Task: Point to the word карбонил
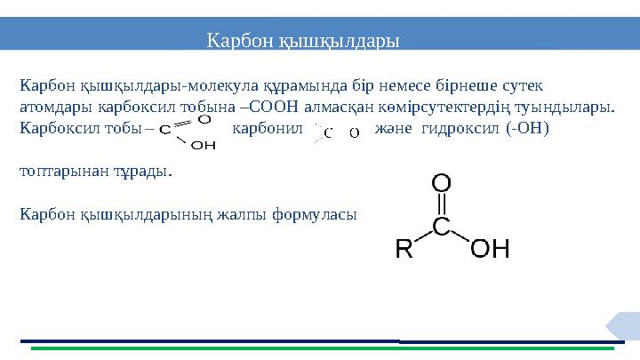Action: pyautogui.click(x=268, y=128)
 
